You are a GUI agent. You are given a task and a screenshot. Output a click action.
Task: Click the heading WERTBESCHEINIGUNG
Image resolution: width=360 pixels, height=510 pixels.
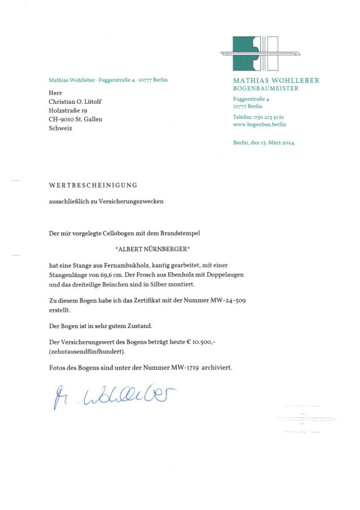tap(93, 185)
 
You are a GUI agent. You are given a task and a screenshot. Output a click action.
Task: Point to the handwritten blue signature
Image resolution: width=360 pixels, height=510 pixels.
tap(114, 396)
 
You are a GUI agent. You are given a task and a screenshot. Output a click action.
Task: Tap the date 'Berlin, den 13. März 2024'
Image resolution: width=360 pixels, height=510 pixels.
tap(263, 142)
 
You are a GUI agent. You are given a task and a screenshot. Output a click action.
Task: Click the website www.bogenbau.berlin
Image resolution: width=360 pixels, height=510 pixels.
tap(260, 124)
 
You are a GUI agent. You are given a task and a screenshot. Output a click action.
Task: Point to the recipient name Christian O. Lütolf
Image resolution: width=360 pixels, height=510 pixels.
tap(75, 101)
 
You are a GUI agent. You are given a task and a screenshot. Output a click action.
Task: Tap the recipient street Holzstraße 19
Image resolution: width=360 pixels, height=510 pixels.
tap(67, 110)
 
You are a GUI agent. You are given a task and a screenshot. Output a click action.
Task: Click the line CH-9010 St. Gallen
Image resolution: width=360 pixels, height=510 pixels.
tap(75, 119)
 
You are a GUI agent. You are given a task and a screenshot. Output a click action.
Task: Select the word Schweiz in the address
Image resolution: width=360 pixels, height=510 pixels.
tap(61, 128)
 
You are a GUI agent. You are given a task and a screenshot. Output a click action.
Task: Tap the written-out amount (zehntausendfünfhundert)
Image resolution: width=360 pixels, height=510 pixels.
tap(87, 351)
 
